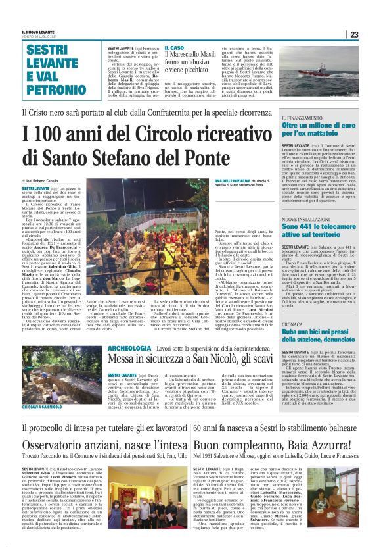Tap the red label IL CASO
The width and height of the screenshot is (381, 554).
pos(174,48)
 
